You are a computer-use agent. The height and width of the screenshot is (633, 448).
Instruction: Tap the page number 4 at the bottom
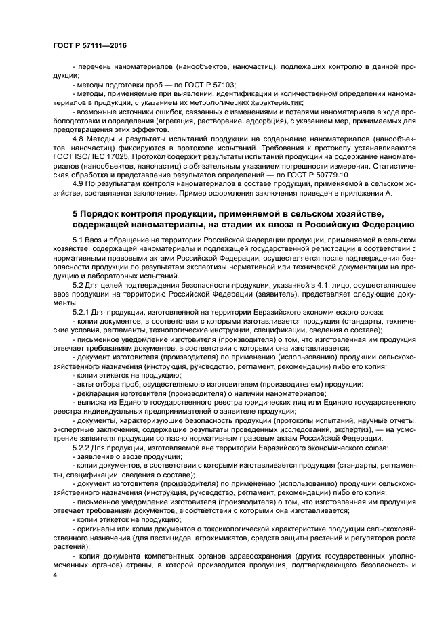coord(54,574)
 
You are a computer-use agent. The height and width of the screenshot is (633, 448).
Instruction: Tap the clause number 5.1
coord(78,240)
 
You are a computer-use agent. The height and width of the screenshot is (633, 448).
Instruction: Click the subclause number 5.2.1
coord(81,311)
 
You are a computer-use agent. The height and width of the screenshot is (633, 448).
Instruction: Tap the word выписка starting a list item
coord(91,402)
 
